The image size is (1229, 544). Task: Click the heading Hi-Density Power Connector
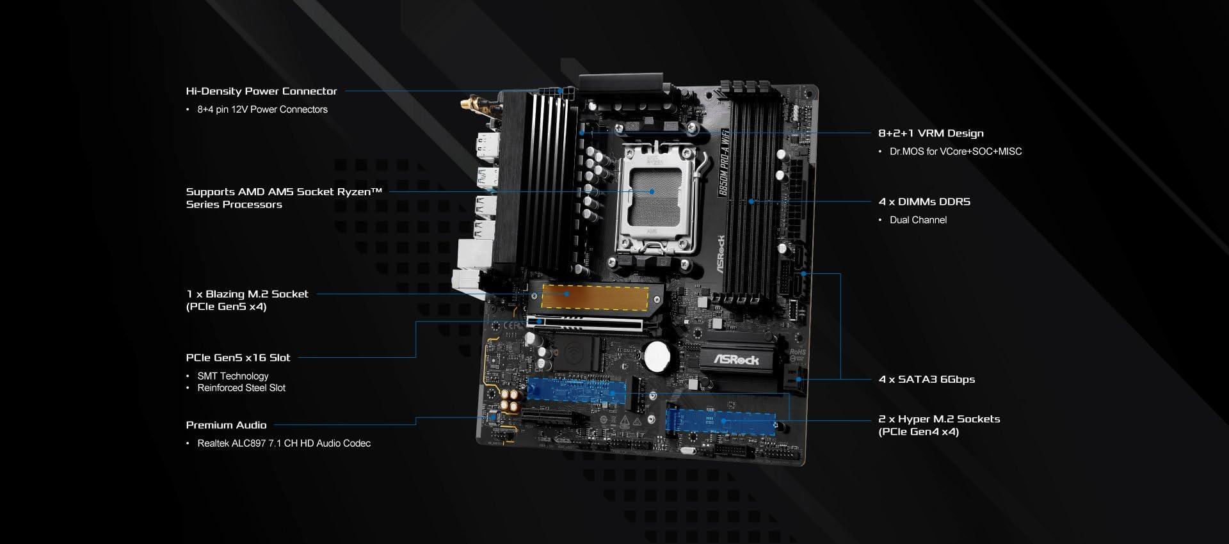point(261,91)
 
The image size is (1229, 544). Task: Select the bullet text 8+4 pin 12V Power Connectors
point(262,109)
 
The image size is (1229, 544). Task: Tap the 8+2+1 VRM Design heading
point(931,133)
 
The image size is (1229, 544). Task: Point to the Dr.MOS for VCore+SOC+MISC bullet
point(956,152)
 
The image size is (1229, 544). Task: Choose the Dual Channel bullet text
point(918,220)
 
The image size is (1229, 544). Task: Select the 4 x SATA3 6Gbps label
point(927,380)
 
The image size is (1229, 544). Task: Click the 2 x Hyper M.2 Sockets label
point(939,425)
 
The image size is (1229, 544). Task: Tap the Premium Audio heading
point(226,425)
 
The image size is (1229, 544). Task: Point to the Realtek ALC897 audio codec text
point(284,444)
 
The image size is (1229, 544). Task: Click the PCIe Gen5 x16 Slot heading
point(238,358)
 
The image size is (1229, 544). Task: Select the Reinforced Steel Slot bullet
point(241,388)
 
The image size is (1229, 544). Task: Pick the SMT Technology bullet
point(233,376)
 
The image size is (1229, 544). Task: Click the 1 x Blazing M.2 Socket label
point(247,300)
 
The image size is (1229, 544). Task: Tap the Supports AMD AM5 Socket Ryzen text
point(284,198)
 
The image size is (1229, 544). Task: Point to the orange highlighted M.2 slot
point(595,297)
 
